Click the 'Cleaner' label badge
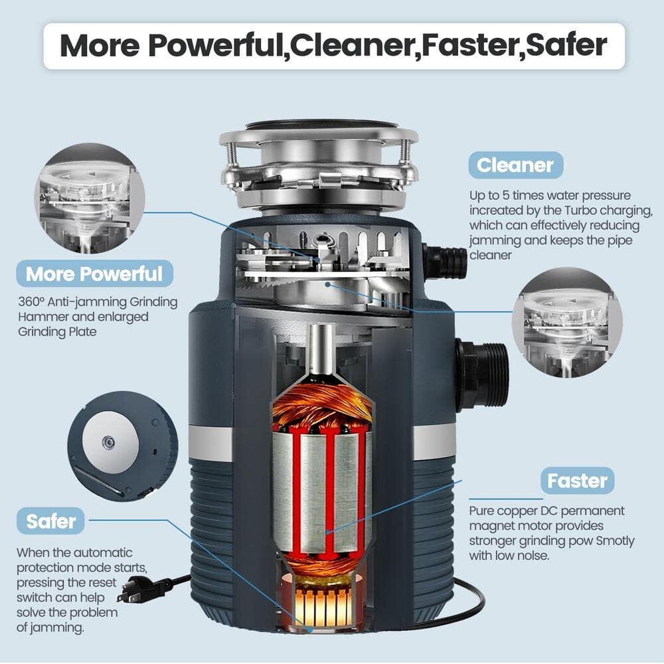(x=515, y=165)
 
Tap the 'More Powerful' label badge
(x=94, y=273)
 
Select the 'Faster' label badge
(x=577, y=480)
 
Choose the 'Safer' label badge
(x=51, y=521)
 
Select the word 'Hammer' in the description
(x=42, y=317)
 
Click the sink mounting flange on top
(x=319, y=136)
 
